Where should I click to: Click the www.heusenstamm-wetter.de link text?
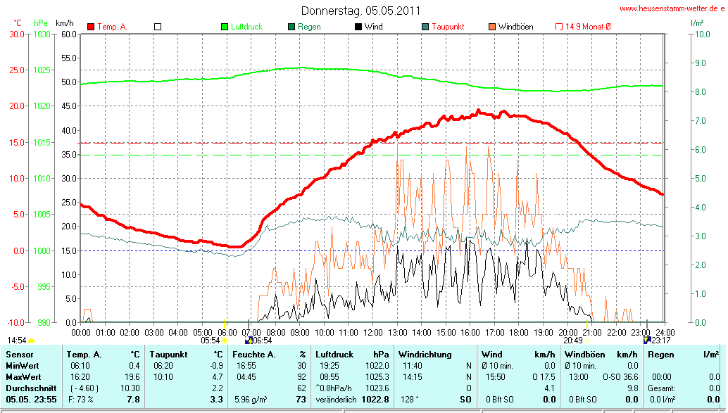point(672,9)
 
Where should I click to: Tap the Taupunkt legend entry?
point(446,27)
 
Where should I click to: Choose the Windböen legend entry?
point(515,27)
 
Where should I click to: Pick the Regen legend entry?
point(308,27)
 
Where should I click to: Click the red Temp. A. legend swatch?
point(91,27)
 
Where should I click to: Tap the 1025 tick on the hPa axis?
point(42,70)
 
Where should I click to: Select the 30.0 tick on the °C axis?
point(15,34)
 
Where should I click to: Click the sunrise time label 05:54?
point(211,341)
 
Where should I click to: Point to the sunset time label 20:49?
point(574,341)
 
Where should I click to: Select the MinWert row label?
point(24,366)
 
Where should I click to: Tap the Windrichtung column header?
point(425,355)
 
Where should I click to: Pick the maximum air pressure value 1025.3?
point(377,377)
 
